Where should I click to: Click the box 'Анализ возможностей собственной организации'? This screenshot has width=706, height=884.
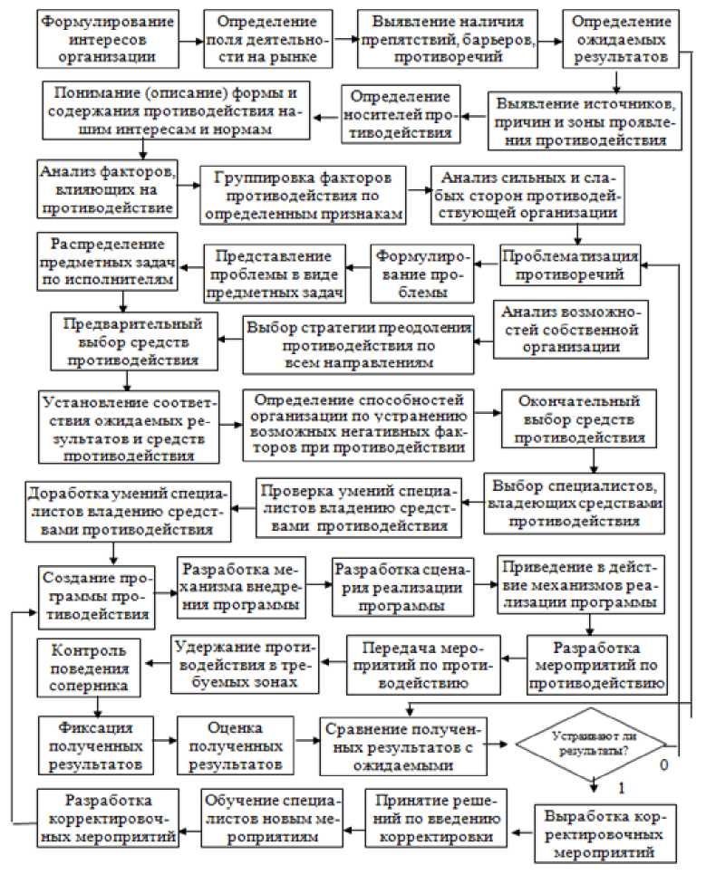[572, 328]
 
